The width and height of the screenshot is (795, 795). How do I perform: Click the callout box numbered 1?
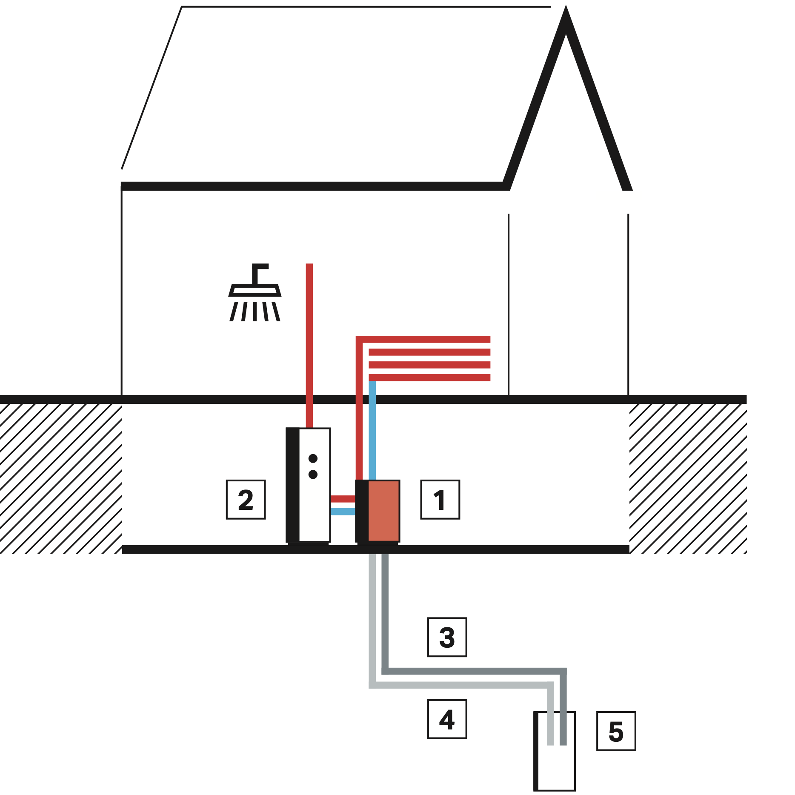point(440,499)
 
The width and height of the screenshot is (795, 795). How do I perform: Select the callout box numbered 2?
point(246,499)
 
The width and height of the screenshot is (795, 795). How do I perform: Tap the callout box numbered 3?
point(447,637)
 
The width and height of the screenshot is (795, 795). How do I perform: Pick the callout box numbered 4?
point(447,719)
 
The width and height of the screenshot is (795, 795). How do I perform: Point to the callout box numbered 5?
point(616,731)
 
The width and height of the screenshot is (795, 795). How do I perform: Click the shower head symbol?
point(255,294)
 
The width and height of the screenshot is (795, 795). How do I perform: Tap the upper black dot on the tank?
point(313,458)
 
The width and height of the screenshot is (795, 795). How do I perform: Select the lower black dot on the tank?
point(313,474)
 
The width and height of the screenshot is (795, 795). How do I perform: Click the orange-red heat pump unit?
point(383,511)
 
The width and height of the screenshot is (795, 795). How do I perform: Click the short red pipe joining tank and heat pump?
point(343,499)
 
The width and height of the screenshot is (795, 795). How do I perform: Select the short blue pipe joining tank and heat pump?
point(343,512)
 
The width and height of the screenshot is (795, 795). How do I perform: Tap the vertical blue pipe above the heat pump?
point(372,430)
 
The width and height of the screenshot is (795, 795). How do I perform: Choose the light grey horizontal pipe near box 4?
point(460,685)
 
